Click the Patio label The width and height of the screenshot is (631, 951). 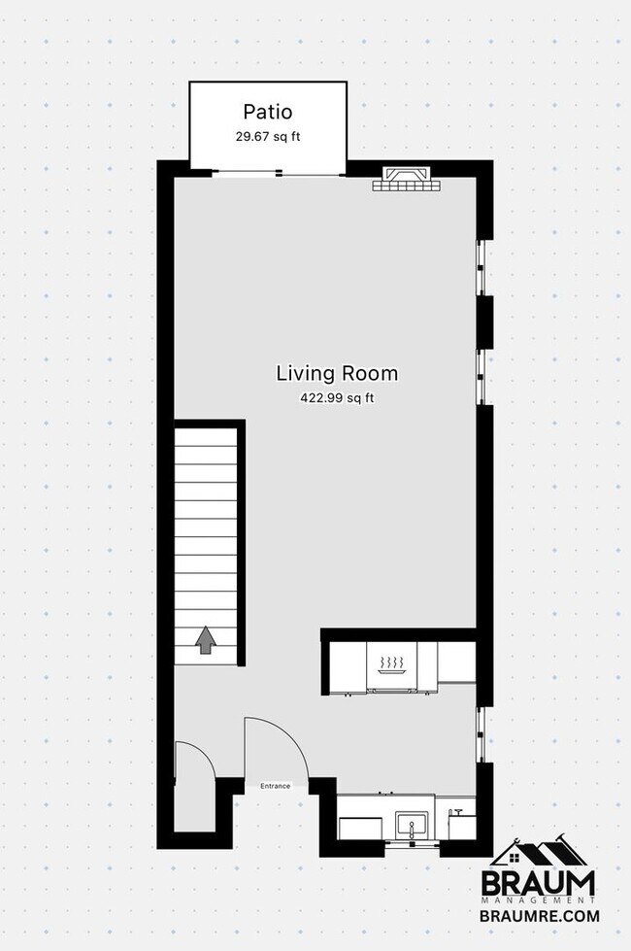(267, 112)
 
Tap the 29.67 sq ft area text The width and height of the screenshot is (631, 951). (267, 137)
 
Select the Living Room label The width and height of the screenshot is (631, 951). (337, 373)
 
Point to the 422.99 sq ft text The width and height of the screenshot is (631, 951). (337, 397)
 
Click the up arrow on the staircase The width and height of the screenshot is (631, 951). (206, 640)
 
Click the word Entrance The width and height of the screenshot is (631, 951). (275, 786)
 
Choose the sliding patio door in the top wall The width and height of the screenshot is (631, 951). (278, 173)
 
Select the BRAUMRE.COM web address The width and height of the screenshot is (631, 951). (539, 915)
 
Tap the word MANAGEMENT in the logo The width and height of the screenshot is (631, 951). (539, 900)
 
